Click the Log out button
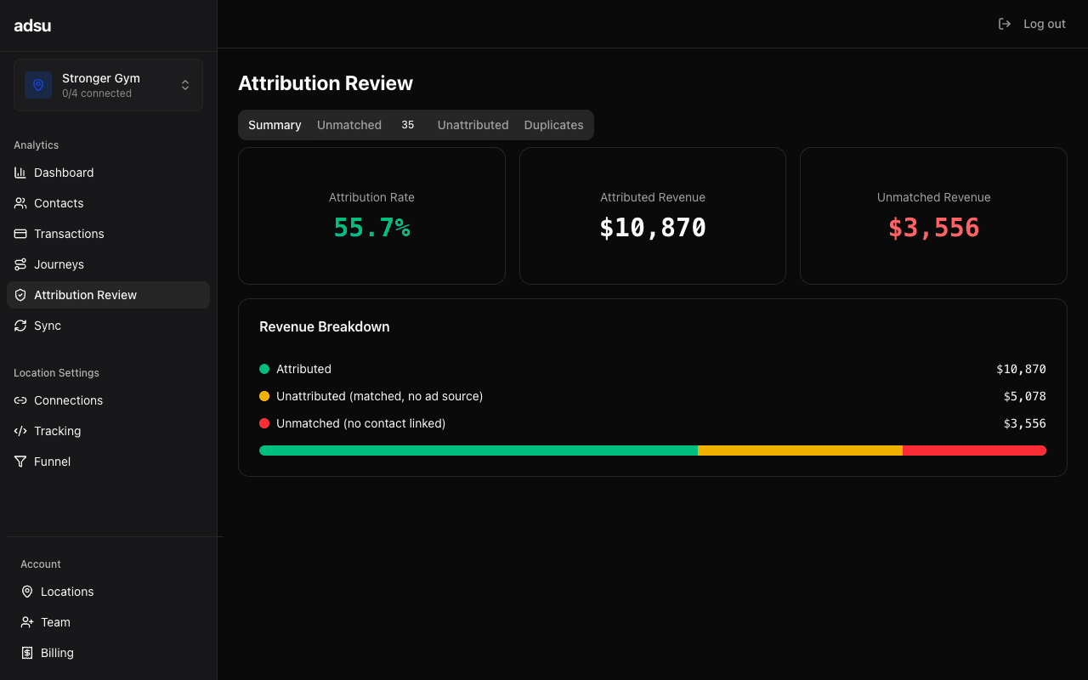[x=1032, y=24]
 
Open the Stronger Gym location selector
[x=108, y=85]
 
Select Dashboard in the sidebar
[x=64, y=173]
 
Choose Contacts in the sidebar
[x=59, y=203]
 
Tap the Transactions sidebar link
[x=69, y=234]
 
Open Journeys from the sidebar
[x=59, y=264]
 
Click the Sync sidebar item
[x=48, y=326]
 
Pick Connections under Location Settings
[x=68, y=400]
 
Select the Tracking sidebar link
[x=57, y=431]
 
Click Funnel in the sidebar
[x=52, y=462]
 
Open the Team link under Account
[x=55, y=622]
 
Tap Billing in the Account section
[x=57, y=653]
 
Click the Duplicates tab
[x=553, y=125]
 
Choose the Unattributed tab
[x=473, y=125]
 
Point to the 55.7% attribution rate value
[x=371, y=228]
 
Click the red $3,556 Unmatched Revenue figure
[x=933, y=228]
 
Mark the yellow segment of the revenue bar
[x=800, y=450]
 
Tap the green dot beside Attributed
[x=264, y=369]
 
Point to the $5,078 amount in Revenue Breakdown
[x=1024, y=396]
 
